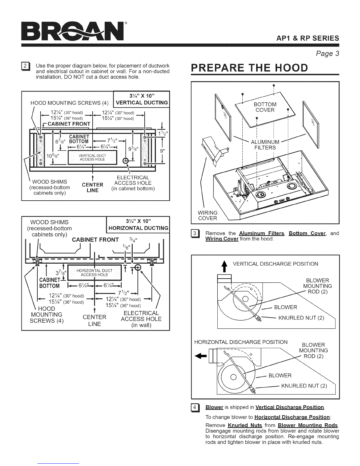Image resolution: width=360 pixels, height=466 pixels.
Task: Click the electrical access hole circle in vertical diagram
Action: coord(126,161)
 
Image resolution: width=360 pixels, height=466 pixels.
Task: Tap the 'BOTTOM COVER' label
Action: coord(265,107)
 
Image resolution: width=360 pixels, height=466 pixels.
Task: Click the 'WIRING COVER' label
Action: coord(208,215)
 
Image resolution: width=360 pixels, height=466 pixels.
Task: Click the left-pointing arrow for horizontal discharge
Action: coord(201,355)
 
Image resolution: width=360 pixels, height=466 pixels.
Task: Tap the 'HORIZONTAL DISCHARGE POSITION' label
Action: coord(241,342)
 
